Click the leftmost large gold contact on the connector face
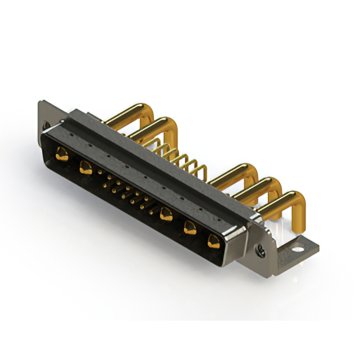point(62,153)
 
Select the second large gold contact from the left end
point(85,166)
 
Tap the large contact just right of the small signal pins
point(166,213)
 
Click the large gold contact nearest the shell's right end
point(213,242)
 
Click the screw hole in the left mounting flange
point(46,125)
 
